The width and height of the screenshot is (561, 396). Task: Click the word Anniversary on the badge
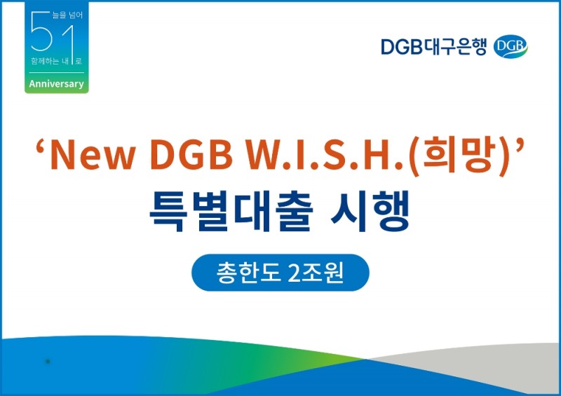(x=56, y=84)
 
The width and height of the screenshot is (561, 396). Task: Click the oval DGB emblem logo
(x=511, y=46)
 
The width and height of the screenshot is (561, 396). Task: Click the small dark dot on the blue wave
(x=47, y=362)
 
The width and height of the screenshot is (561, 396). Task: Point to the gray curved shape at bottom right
(x=491, y=364)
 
